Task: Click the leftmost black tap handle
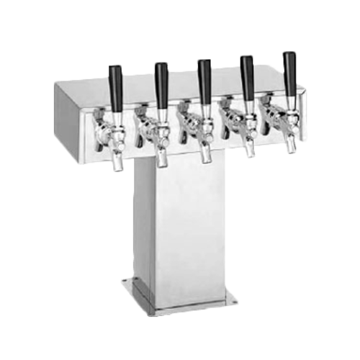115,86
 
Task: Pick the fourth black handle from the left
247,73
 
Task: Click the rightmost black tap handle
289,70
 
